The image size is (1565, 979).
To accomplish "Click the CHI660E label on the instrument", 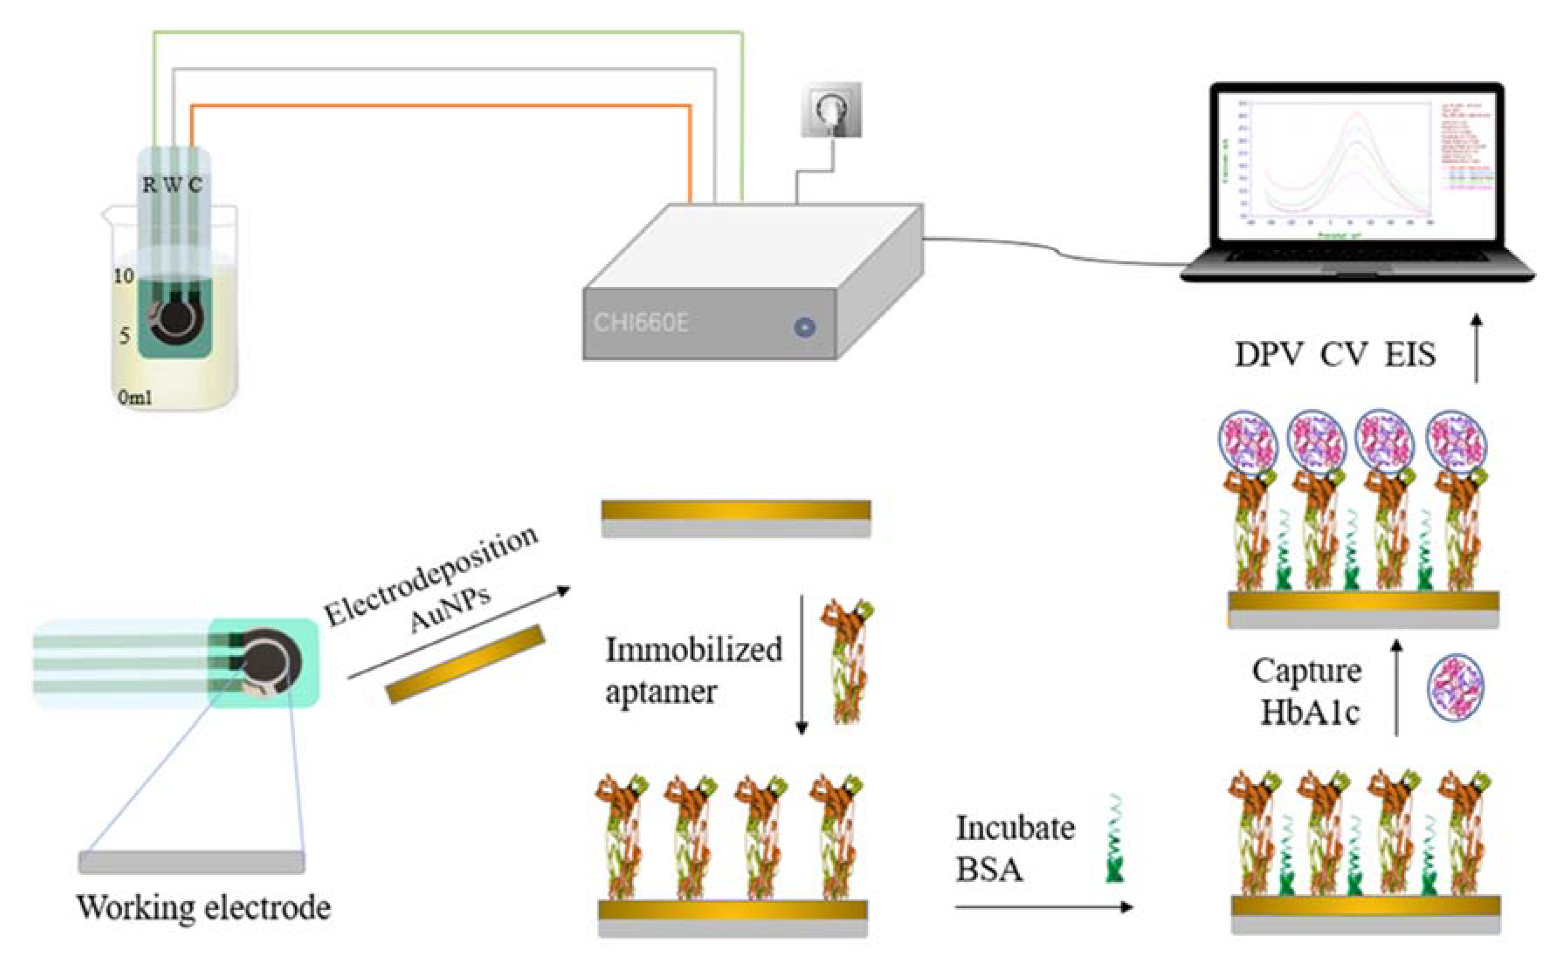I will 641,322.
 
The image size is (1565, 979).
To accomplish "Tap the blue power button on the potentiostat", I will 805,327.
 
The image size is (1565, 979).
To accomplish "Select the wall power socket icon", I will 831,110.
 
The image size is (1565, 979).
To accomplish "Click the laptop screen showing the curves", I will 1357,172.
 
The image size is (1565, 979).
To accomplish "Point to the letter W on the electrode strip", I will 172,185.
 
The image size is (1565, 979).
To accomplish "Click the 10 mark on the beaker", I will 123,276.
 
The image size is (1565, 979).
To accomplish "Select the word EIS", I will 1410,355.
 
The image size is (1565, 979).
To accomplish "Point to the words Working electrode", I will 204,907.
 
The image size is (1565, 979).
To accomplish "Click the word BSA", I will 989,869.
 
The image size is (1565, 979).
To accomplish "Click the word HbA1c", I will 1309,713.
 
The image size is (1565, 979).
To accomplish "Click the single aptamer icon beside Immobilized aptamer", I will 847,660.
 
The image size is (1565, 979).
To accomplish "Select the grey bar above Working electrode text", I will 192,862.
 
